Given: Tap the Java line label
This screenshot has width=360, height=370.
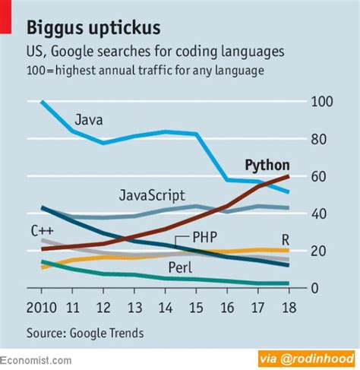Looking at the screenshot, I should [89, 119].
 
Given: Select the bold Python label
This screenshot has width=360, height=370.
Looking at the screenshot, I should [267, 165].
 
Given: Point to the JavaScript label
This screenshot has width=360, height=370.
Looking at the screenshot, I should [152, 195].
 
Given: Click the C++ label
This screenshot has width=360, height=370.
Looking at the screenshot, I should [42, 230].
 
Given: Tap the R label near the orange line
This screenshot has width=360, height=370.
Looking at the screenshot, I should [286, 237].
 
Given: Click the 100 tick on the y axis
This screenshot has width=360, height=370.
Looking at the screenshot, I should [322, 102].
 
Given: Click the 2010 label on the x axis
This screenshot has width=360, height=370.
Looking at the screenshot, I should [42, 308].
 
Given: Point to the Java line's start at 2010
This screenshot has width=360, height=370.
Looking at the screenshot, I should [43, 102].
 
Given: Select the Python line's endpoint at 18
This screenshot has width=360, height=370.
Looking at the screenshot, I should [288, 176].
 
